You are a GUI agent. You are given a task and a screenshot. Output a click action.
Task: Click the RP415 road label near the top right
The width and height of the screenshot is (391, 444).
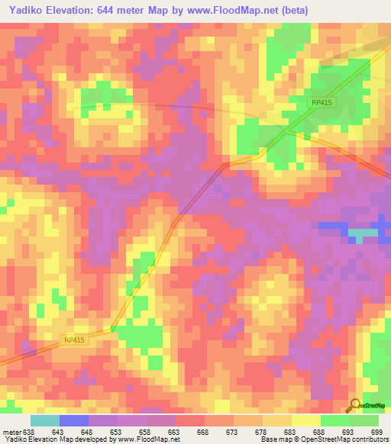tap(322, 101)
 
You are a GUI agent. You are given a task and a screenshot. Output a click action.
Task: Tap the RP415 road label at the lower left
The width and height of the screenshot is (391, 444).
tap(73, 341)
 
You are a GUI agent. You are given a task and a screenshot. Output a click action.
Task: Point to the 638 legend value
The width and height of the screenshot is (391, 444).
tap(29, 433)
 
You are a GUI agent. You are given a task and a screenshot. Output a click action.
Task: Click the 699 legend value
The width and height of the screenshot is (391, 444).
tap(376, 433)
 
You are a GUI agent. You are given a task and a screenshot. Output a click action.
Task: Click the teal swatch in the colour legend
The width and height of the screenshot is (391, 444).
tap(44, 420)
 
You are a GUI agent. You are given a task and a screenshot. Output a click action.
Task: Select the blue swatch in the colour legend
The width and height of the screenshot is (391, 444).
tap(73, 420)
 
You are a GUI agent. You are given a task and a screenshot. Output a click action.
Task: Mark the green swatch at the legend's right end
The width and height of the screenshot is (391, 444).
tap(364, 420)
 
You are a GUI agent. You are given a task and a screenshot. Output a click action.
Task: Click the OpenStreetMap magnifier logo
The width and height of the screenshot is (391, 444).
tap(354, 405)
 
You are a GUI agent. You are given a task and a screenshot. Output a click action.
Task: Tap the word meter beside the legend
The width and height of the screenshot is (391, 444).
tap(11, 433)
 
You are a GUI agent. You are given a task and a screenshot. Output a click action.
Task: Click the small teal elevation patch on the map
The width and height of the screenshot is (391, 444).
tap(364, 233)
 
